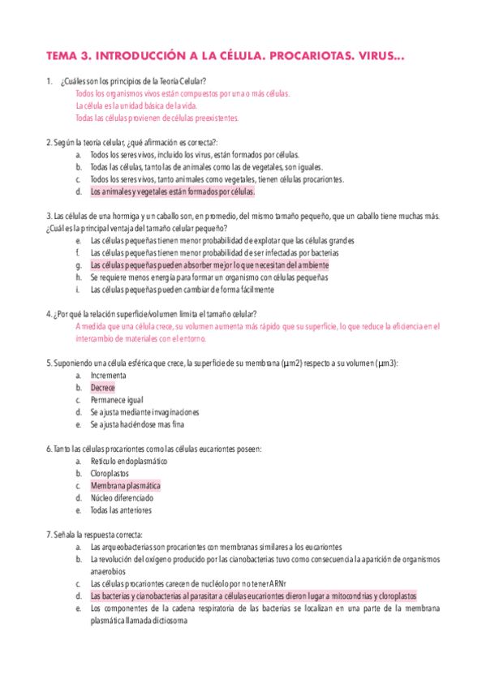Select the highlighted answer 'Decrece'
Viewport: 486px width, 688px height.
click(103, 388)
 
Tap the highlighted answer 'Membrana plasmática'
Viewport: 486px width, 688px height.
click(125, 486)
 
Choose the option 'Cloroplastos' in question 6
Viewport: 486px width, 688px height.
click(112, 473)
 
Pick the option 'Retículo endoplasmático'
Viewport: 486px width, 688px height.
click(129, 461)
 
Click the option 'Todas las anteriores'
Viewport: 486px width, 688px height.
click(122, 510)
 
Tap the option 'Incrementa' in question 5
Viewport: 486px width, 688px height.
click(108, 376)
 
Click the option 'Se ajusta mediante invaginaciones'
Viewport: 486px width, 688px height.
click(144, 412)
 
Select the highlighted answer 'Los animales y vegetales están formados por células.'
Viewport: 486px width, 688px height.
click(172, 192)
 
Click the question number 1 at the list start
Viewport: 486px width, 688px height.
click(50, 81)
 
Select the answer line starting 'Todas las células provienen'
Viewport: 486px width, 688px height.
click(157, 118)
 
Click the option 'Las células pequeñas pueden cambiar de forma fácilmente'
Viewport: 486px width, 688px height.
click(182, 290)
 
